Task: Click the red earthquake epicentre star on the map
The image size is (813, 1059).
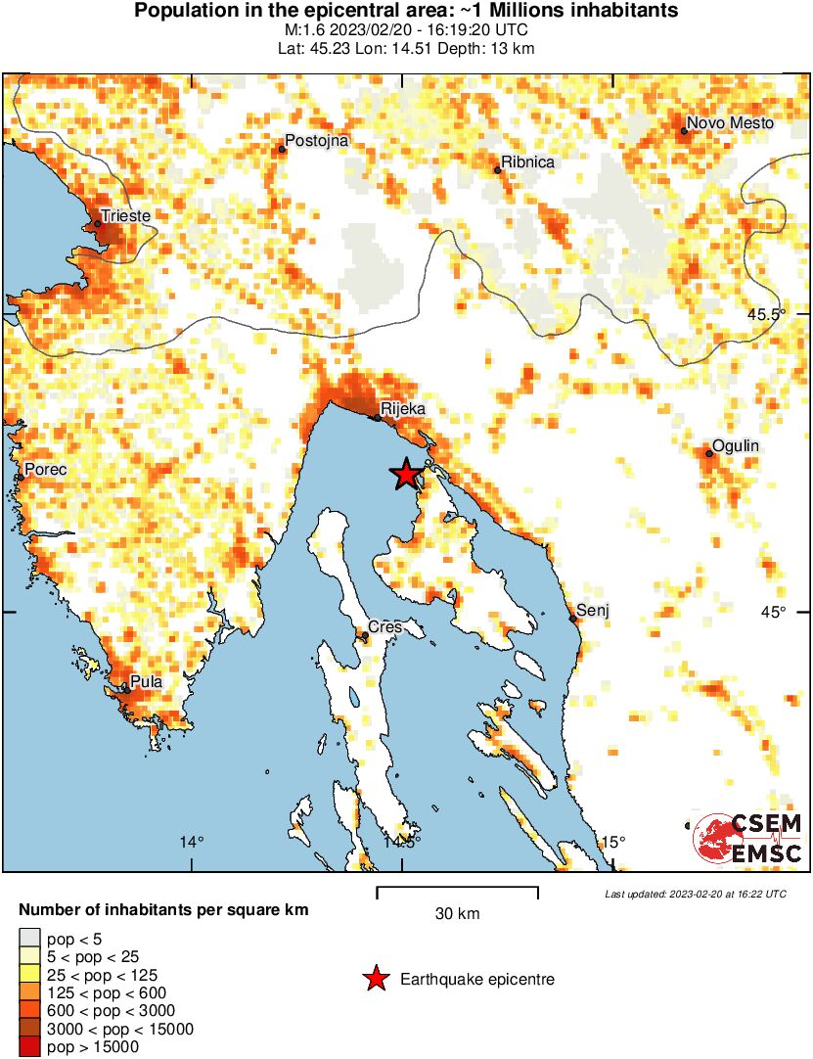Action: pyautogui.click(x=406, y=475)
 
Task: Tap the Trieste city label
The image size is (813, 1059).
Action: pyautogui.click(x=125, y=212)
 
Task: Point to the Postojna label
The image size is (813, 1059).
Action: pyautogui.click(x=316, y=141)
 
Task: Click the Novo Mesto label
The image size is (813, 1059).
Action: pyautogui.click(x=730, y=123)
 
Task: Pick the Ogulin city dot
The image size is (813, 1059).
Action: pyautogui.click(x=709, y=453)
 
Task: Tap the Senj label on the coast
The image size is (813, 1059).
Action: pyautogui.click(x=594, y=610)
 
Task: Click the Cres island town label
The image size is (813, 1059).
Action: pyautogui.click(x=384, y=626)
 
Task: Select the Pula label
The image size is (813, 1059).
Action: pyautogui.click(x=146, y=682)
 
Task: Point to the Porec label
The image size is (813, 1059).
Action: pyautogui.click(x=46, y=470)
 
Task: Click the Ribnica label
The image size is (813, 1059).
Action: pyautogui.click(x=528, y=162)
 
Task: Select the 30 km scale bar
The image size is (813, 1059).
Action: pyautogui.click(x=457, y=892)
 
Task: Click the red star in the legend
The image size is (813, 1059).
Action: pyautogui.click(x=375, y=979)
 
